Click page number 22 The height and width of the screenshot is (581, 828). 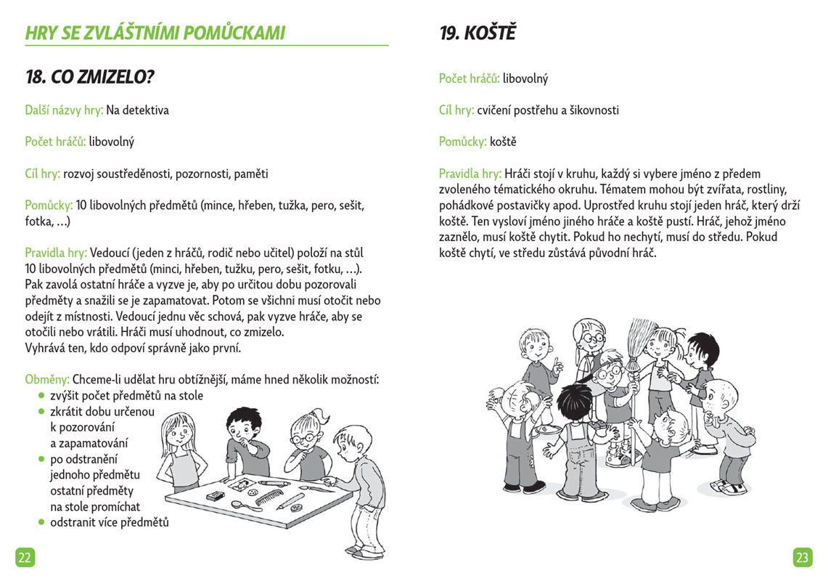25,557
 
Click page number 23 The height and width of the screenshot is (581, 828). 802,557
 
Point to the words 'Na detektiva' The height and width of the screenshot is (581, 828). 138,111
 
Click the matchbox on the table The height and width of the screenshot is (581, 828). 215,496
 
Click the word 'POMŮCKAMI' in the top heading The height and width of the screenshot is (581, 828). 235,33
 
